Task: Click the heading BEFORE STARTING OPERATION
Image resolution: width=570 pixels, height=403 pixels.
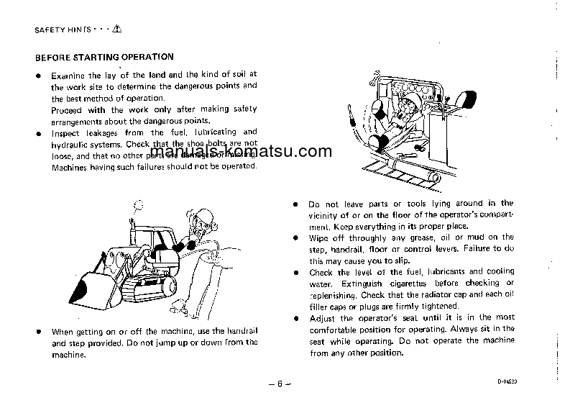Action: (x=104, y=56)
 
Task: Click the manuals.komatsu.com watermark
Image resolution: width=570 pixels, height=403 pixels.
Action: (x=242, y=152)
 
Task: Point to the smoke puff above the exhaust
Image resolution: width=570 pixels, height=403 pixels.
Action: (x=134, y=207)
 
